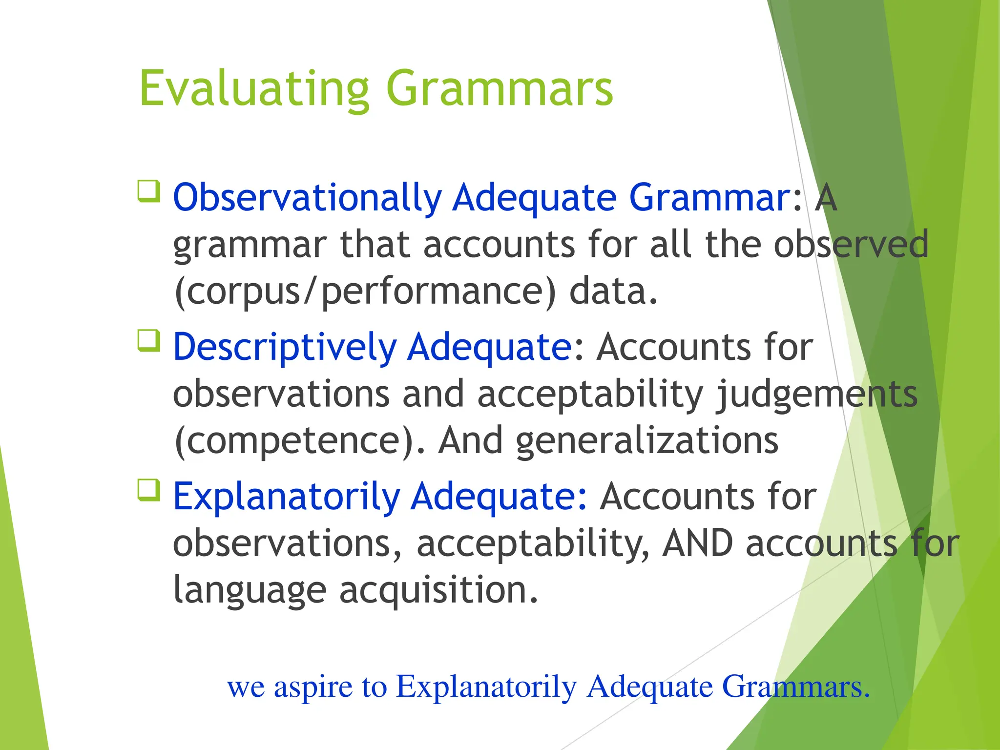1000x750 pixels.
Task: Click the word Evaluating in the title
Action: [x=254, y=89]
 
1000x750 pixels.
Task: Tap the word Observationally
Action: [x=307, y=198]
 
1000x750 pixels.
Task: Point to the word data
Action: [x=613, y=291]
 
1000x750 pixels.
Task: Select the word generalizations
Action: [x=647, y=441]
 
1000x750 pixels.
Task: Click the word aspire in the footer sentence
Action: [x=313, y=687]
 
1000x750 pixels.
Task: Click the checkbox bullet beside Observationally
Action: [x=149, y=191]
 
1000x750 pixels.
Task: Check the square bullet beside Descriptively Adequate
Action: [x=149, y=340]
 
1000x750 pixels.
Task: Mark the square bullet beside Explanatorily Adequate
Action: [x=149, y=490]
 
